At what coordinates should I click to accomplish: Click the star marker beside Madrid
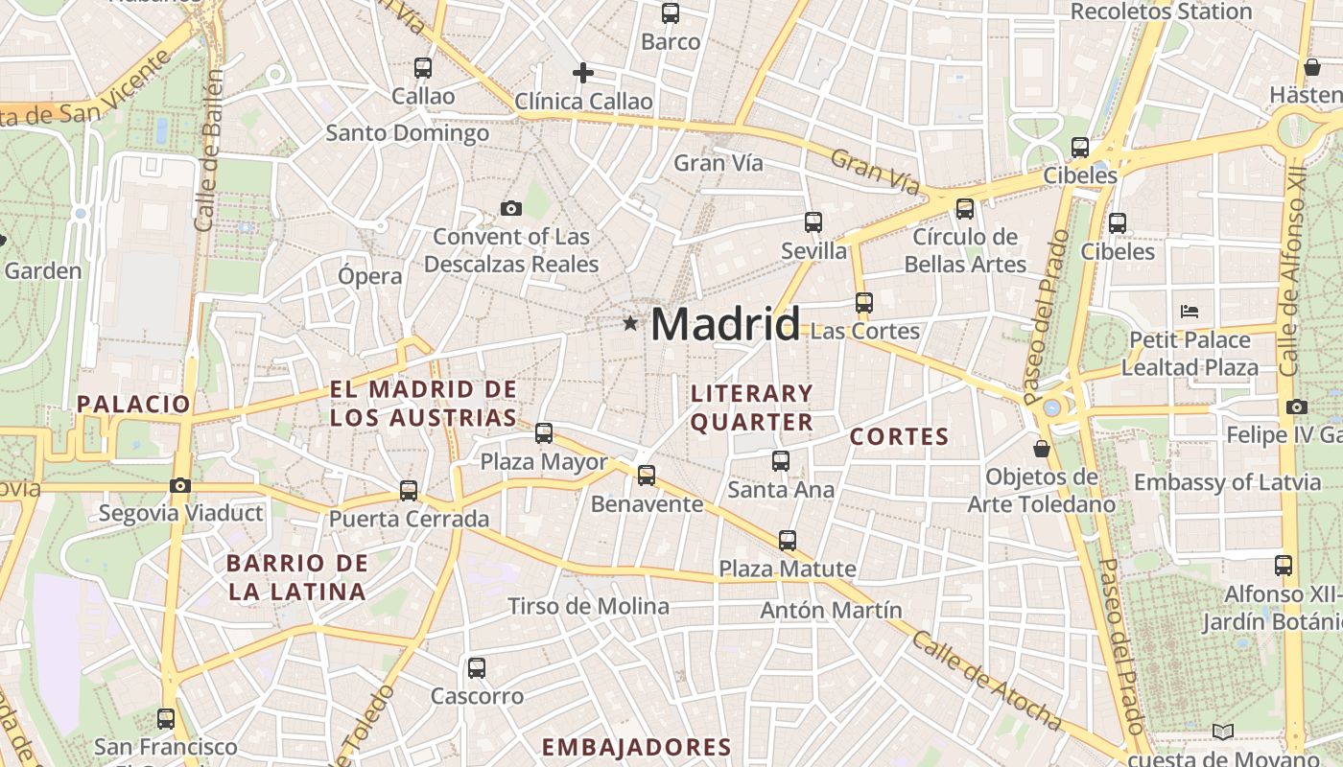pyautogui.click(x=630, y=324)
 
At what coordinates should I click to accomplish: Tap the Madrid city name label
pyautogui.click(x=725, y=324)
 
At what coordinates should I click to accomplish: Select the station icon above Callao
pyautogui.click(x=423, y=68)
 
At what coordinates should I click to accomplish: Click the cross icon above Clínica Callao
pyautogui.click(x=583, y=73)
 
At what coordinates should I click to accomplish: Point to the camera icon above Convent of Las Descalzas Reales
pyautogui.click(x=511, y=208)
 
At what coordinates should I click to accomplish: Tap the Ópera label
pyautogui.click(x=370, y=276)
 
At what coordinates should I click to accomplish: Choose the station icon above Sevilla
pyautogui.click(x=813, y=222)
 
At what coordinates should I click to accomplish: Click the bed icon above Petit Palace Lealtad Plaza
pyautogui.click(x=1190, y=311)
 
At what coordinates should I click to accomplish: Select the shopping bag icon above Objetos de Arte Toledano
pyautogui.click(x=1042, y=448)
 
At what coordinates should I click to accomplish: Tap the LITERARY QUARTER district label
pyautogui.click(x=752, y=407)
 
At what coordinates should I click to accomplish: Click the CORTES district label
pyautogui.click(x=899, y=437)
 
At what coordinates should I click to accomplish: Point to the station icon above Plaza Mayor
pyautogui.click(x=544, y=433)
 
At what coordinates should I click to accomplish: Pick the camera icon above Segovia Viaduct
pyautogui.click(x=180, y=485)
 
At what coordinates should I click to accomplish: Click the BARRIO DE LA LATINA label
pyautogui.click(x=297, y=577)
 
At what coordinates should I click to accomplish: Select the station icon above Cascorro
pyautogui.click(x=477, y=668)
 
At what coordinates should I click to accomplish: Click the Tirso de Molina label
pyautogui.click(x=588, y=606)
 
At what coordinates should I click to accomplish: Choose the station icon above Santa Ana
pyautogui.click(x=781, y=461)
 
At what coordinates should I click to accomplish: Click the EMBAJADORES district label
pyautogui.click(x=636, y=747)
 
